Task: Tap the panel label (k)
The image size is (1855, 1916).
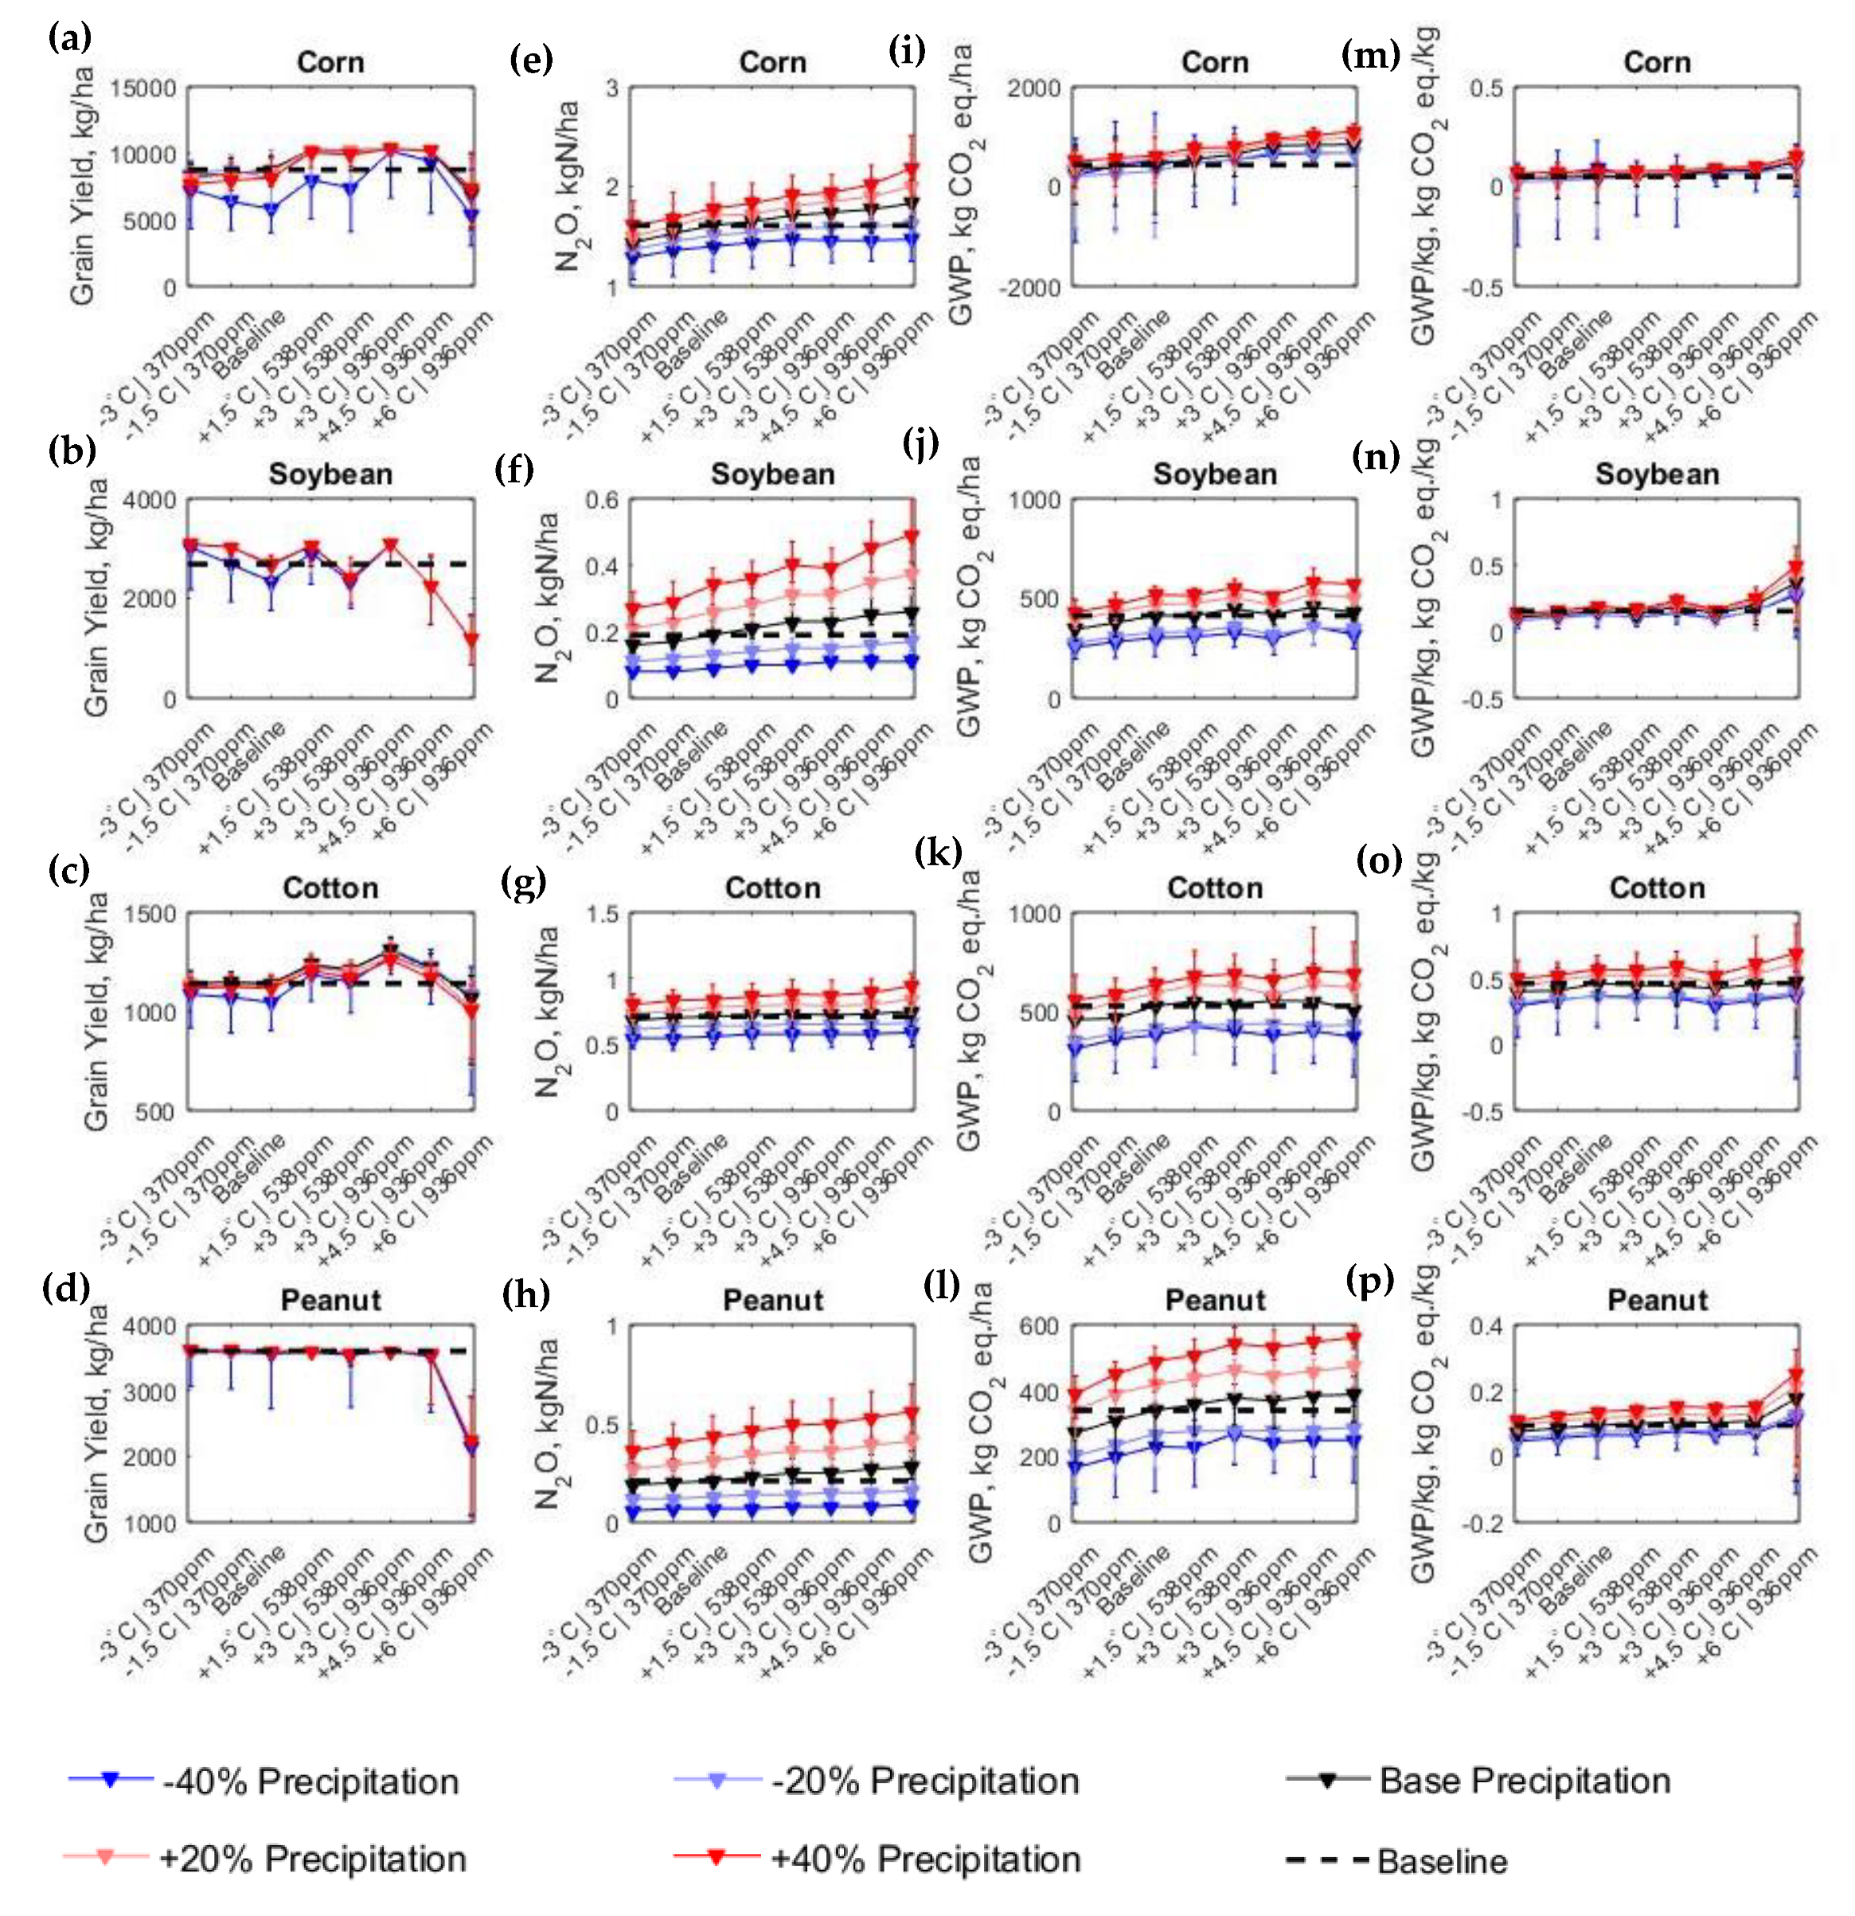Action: [x=938, y=852]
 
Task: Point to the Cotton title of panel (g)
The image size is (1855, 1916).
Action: [x=772, y=888]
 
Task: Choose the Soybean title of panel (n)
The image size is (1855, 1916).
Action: [x=1657, y=475]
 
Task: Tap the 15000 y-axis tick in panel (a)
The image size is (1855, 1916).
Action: [x=143, y=89]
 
